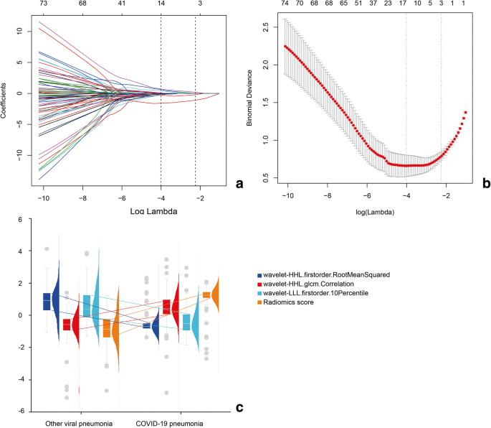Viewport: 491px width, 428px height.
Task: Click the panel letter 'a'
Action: tap(239, 184)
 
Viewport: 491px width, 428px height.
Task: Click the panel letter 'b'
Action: tap(485, 184)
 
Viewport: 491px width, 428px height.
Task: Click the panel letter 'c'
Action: tap(239, 408)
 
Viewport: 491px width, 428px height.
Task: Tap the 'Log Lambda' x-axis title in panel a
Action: tap(120, 212)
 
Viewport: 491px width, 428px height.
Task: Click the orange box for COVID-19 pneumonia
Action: tap(206, 294)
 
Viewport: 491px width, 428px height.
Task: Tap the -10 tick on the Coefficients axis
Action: tap(19, 155)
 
